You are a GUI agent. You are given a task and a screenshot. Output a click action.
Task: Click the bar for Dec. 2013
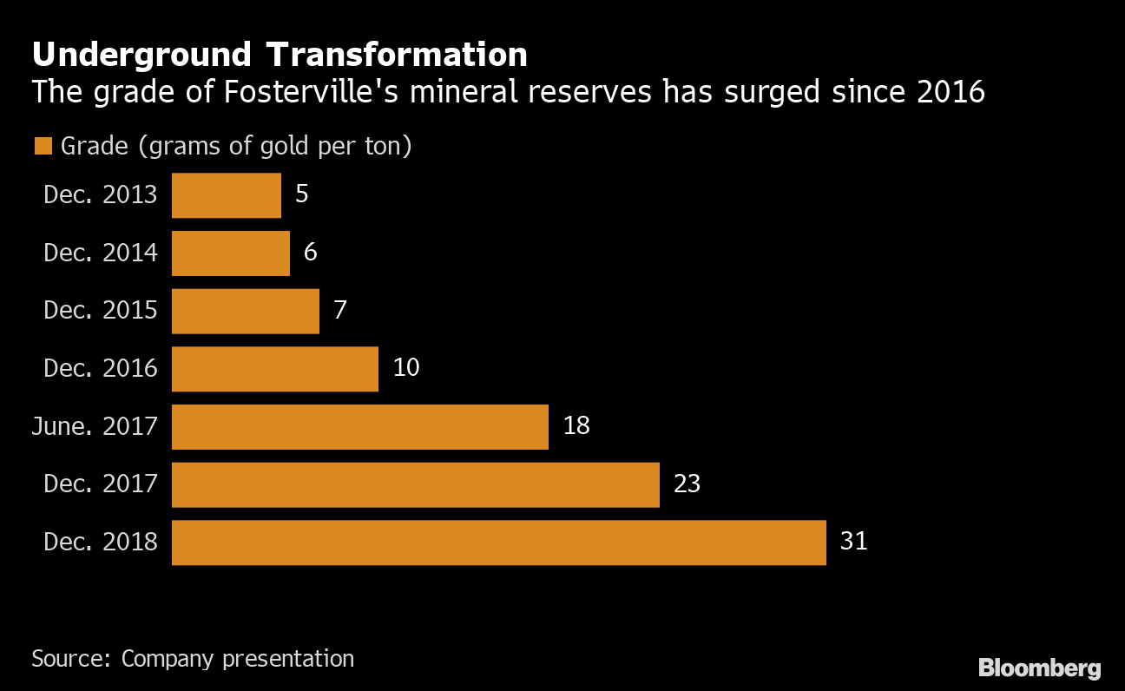tap(227, 195)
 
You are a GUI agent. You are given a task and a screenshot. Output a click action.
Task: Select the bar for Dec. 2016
tap(275, 369)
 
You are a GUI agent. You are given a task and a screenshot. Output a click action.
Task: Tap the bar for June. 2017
tap(360, 427)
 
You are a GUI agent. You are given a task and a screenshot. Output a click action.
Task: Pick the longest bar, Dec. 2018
tap(499, 543)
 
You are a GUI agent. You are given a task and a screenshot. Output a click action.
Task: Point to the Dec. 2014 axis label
tap(101, 253)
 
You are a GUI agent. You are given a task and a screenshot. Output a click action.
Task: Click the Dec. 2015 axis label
tap(101, 311)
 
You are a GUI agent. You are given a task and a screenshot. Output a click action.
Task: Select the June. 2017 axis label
tap(95, 427)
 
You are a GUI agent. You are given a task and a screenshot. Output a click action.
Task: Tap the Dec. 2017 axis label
tap(101, 484)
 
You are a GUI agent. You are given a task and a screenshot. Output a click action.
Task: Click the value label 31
tap(853, 542)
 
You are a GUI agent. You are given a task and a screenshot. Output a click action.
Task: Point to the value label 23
tap(687, 484)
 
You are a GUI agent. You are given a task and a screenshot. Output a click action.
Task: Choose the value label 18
tap(576, 426)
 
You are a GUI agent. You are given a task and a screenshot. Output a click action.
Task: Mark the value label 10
tap(405, 368)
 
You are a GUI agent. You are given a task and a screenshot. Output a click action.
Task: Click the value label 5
tap(301, 194)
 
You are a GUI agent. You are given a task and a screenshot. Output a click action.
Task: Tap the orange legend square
tap(43, 147)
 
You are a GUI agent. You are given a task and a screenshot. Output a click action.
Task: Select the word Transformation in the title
tap(397, 56)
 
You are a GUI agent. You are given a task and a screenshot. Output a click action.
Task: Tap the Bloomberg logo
tap(1039, 668)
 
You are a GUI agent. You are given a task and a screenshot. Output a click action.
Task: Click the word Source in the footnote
tap(69, 659)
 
